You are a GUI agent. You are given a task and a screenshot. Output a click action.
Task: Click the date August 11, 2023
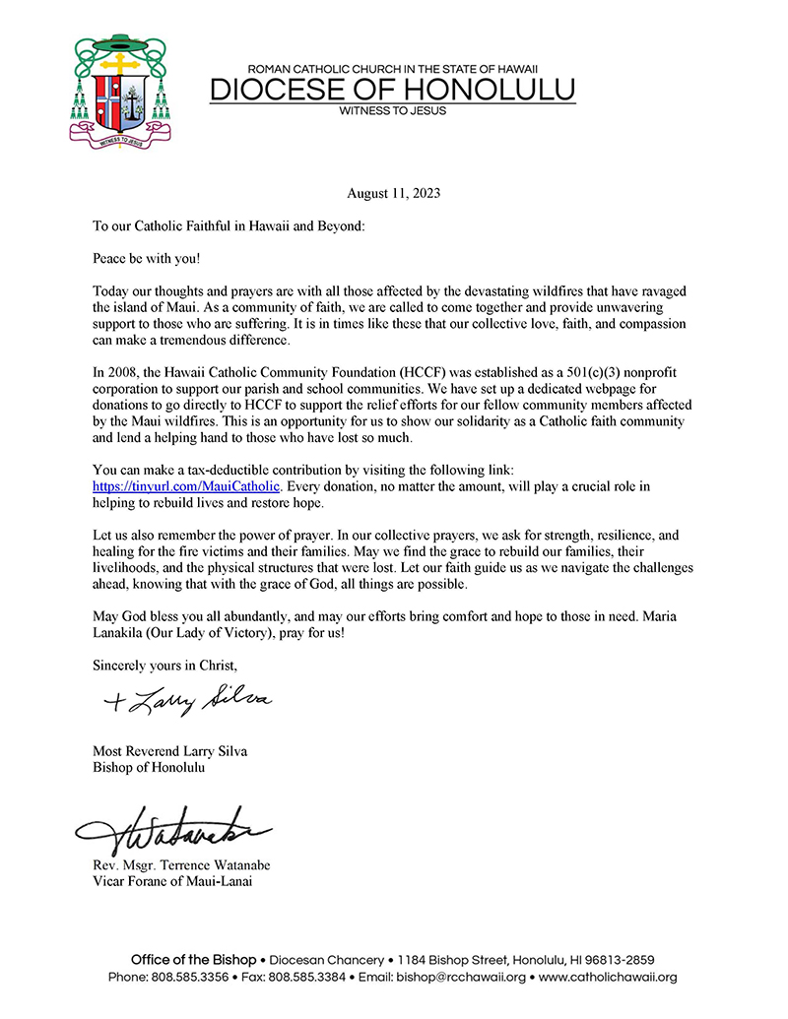393,194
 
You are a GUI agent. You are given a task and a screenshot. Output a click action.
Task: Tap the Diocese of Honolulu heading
393,90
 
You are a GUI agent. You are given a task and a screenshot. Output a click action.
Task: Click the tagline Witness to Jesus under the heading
392,111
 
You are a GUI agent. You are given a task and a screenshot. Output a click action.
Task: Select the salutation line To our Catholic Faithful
229,226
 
